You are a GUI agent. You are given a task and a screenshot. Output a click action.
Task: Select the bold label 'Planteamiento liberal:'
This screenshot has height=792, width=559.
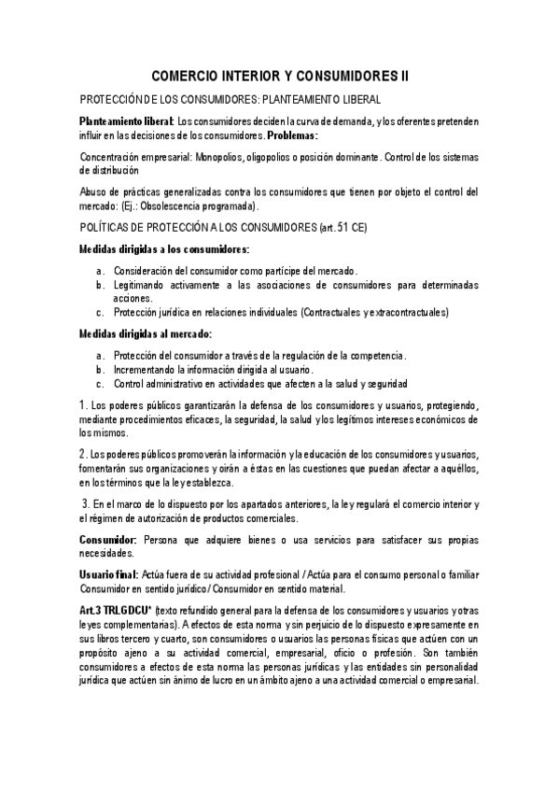click(126, 121)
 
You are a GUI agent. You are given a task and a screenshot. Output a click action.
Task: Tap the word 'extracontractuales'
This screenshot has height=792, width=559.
click(409, 312)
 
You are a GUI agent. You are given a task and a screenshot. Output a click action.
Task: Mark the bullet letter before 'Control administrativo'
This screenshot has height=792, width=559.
click(100, 383)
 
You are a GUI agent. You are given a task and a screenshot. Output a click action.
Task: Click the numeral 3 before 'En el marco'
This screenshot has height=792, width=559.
click(85, 504)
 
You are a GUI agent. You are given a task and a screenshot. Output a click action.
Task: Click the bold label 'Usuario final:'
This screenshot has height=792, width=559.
click(109, 574)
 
